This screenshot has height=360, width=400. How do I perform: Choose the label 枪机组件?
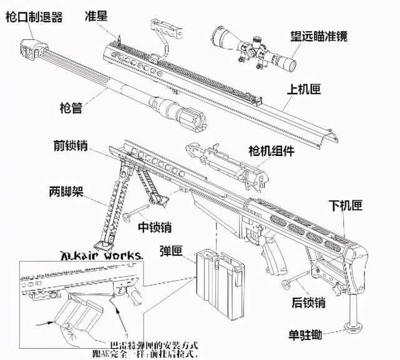click(271, 150)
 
